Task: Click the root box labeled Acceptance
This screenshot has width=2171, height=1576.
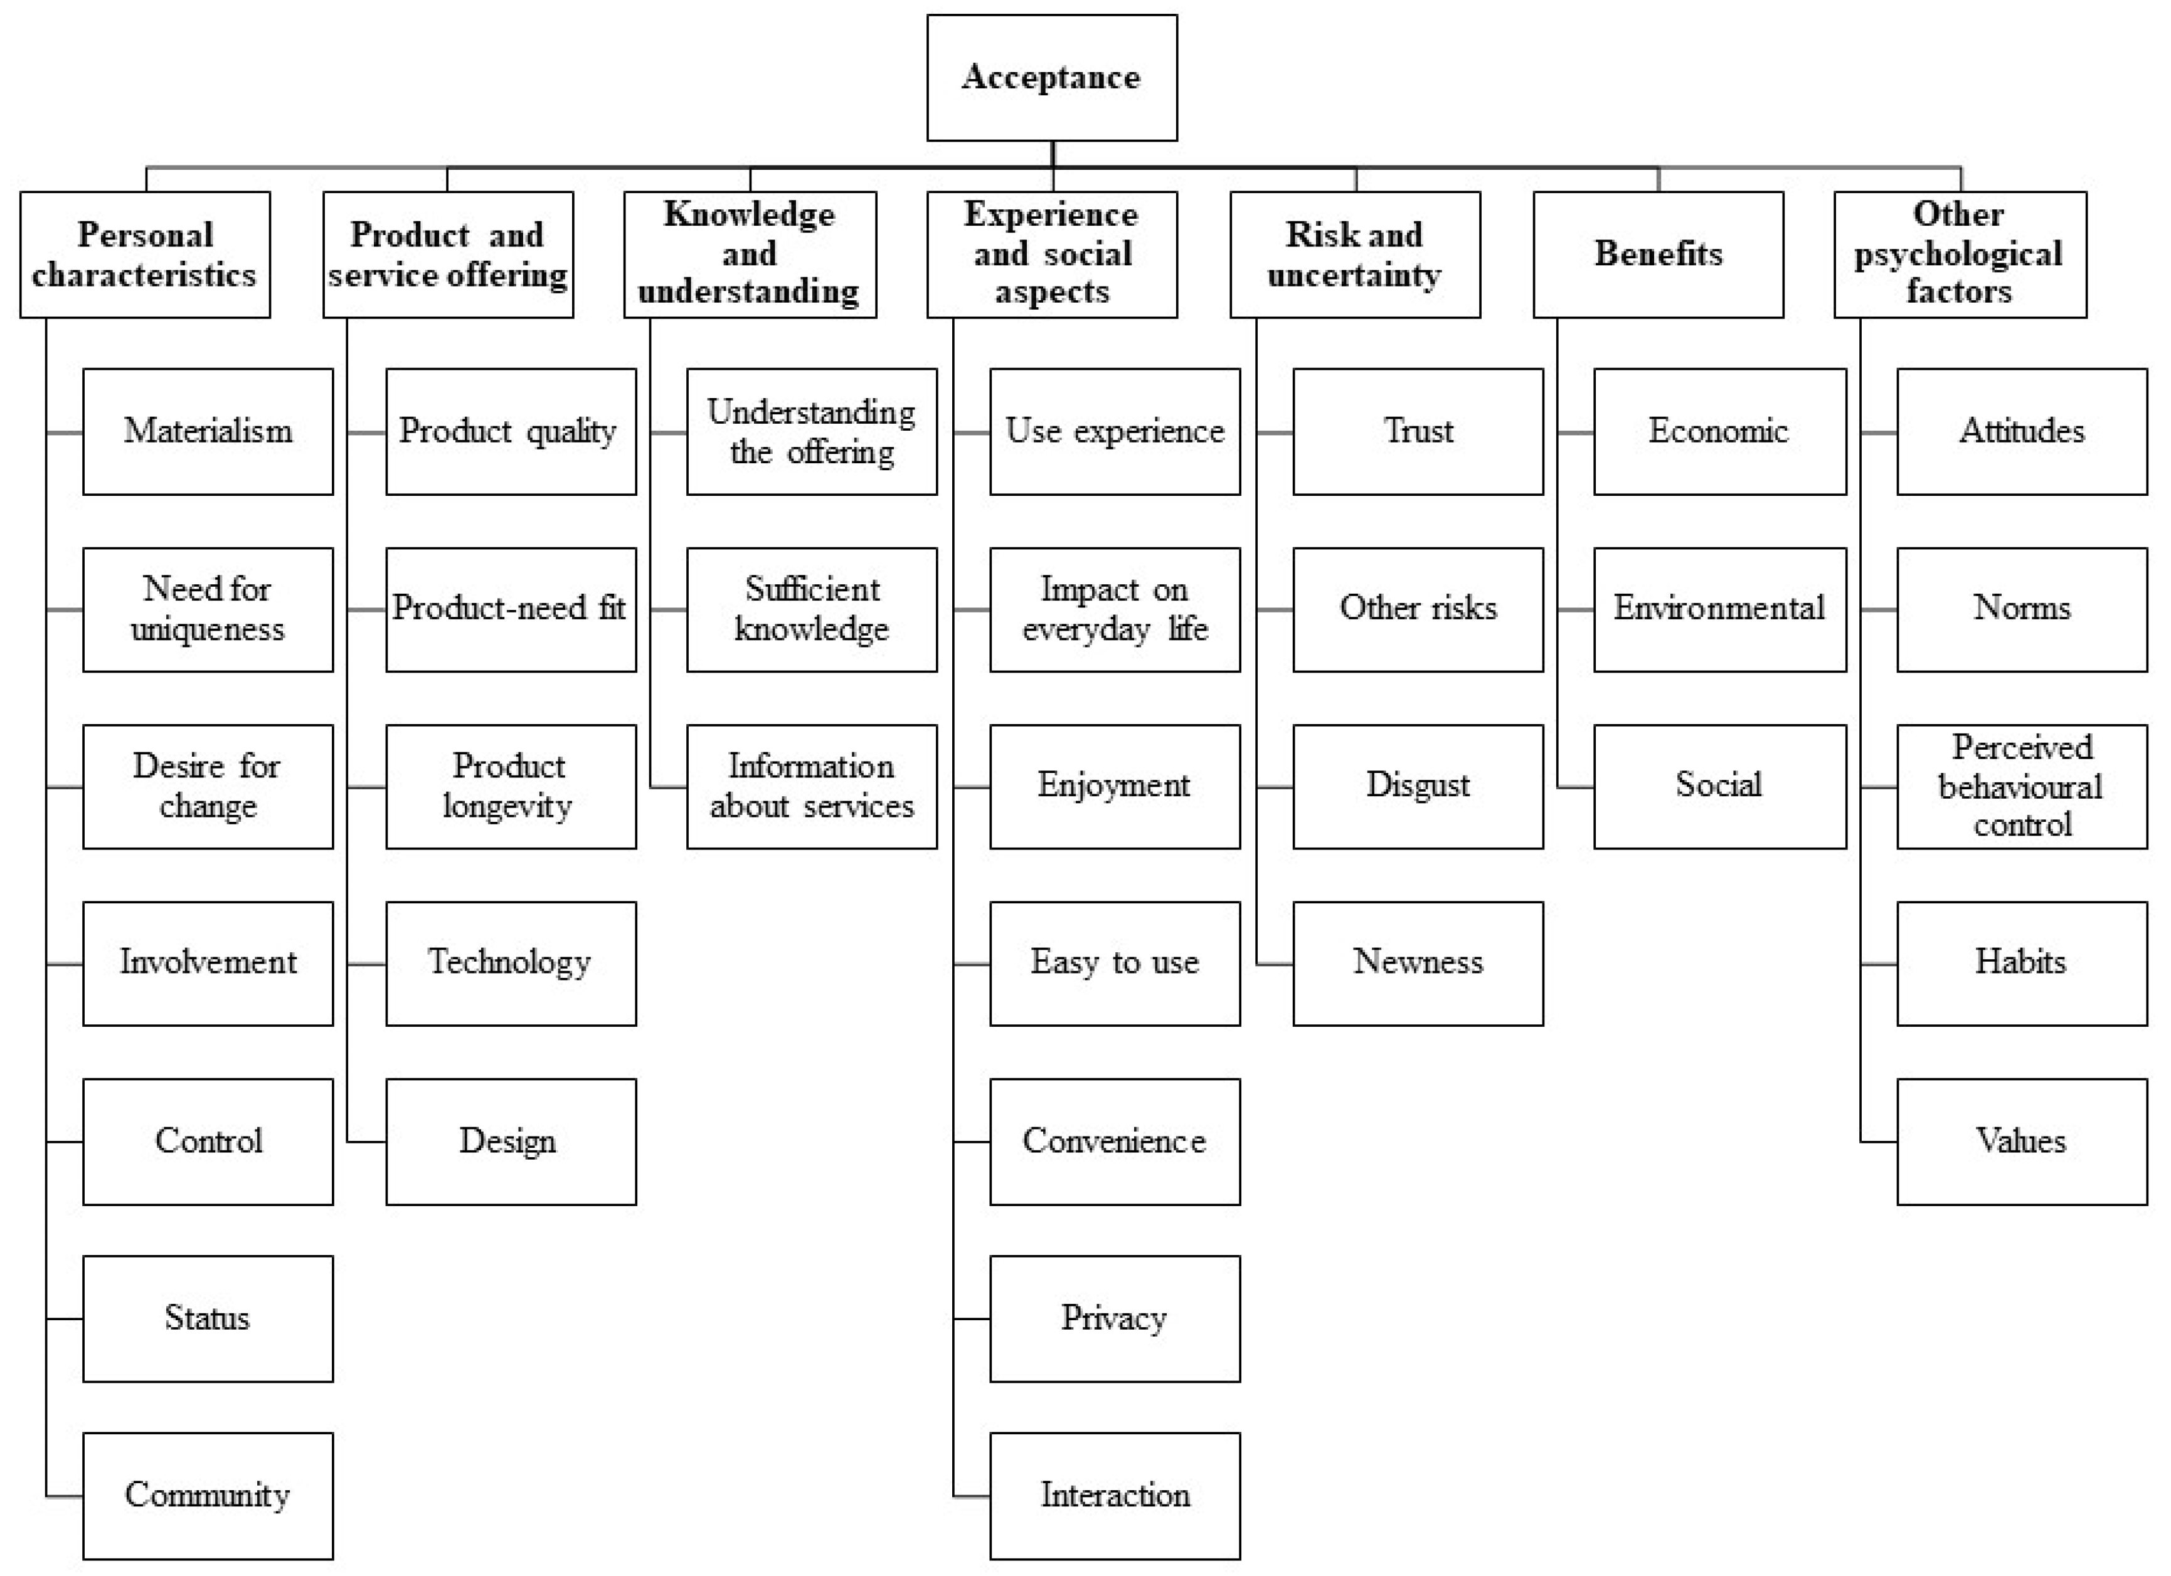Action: point(1051,78)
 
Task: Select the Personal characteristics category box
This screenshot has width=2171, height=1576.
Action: point(144,255)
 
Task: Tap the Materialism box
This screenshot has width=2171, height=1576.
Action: point(208,431)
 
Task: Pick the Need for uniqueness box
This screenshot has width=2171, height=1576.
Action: point(208,609)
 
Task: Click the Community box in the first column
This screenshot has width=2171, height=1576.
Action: point(208,1495)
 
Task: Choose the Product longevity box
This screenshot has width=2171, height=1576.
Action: point(510,787)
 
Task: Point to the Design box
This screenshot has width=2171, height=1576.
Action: point(510,1140)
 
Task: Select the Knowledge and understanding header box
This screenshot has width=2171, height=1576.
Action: point(750,255)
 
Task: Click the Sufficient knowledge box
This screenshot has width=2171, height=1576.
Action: point(812,609)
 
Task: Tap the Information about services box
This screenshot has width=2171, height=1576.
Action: point(812,787)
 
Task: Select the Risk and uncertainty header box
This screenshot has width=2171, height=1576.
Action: point(1354,255)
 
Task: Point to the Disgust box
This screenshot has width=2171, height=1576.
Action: point(1418,787)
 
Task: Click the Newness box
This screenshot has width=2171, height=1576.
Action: point(1418,963)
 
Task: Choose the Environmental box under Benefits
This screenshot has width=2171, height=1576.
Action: point(1719,609)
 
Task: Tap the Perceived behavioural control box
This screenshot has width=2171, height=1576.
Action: point(2022,787)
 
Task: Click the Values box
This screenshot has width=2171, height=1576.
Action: point(2022,1140)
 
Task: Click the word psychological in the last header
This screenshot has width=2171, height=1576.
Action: point(1958,255)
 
